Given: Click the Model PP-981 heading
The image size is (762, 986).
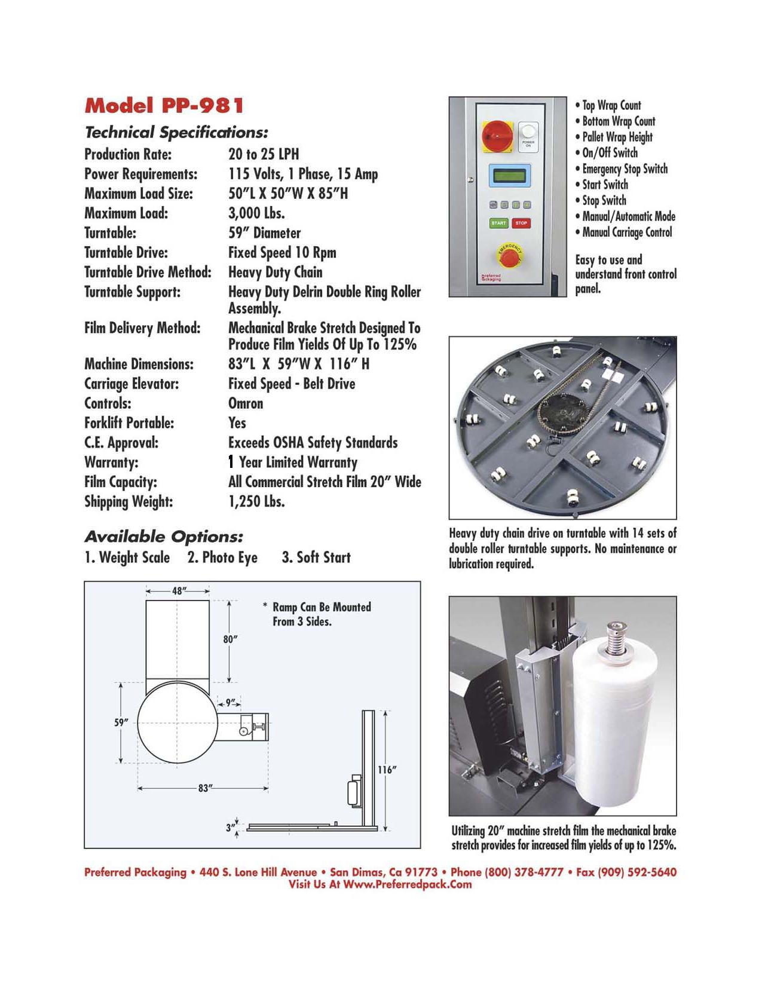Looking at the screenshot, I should click(x=164, y=106).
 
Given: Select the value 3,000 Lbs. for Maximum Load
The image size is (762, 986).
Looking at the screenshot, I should click(x=256, y=213).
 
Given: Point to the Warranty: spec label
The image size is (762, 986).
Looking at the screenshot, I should click(x=111, y=463).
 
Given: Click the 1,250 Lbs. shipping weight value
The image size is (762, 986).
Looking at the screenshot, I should click(x=256, y=501).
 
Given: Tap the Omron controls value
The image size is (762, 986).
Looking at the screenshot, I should click(x=246, y=403).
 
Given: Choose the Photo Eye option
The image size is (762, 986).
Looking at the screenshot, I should click(x=222, y=558).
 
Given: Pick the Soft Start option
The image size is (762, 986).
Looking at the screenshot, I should click(x=316, y=558).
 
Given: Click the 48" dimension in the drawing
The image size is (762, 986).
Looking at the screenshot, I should click(x=178, y=591).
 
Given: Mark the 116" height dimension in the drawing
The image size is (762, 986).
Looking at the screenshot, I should click(x=387, y=770).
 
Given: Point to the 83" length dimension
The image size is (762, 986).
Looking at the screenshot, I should click(x=205, y=788).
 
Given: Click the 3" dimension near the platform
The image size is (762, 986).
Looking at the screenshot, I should click(x=230, y=828).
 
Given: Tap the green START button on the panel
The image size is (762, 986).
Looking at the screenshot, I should click(x=498, y=223).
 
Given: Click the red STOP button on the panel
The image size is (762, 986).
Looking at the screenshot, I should click(x=521, y=223).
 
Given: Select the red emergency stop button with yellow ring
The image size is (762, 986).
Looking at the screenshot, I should click(x=509, y=257).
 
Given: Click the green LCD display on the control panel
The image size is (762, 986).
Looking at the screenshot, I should click(x=510, y=176).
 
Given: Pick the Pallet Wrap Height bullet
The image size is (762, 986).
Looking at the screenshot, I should click(x=617, y=137).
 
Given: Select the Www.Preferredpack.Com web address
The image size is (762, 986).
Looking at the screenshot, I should click(x=408, y=885).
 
